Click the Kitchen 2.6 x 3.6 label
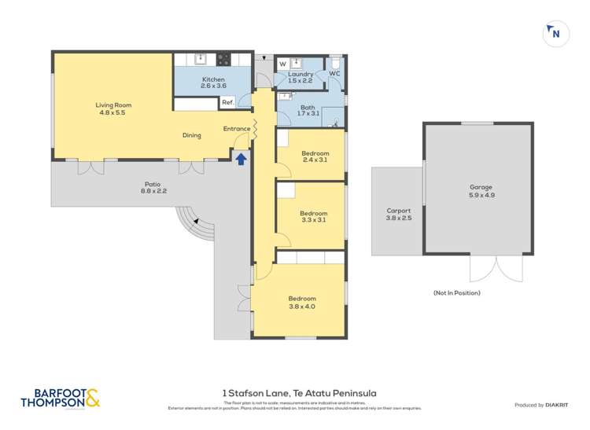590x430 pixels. pyautogui.click(x=213, y=83)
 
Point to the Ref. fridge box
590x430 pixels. pyautogui.click(x=227, y=102)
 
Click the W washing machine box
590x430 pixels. pyautogui.click(x=282, y=64)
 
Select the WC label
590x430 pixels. pyautogui.click(x=334, y=73)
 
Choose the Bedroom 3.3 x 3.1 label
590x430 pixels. pyautogui.click(x=313, y=216)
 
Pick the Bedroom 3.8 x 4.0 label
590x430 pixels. pyautogui.click(x=301, y=302)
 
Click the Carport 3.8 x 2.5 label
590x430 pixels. pyautogui.click(x=398, y=214)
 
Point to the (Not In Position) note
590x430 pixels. pyautogui.click(x=456, y=292)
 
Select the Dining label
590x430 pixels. pyautogui.click(x=192, y=135)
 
